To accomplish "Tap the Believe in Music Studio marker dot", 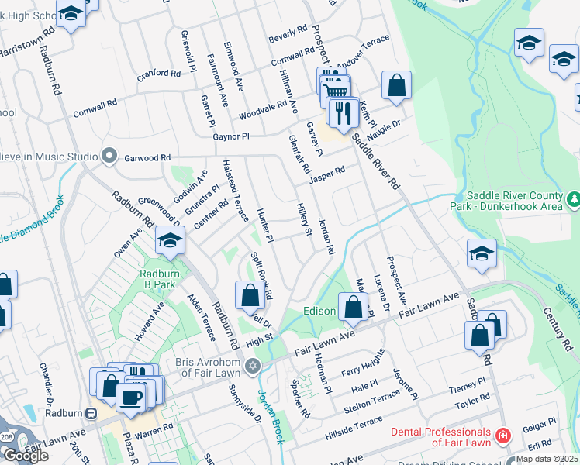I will pos(109,157).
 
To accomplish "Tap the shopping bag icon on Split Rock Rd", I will pos(250,295).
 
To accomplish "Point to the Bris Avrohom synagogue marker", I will pos(251,366).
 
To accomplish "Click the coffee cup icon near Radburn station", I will pos(130,398).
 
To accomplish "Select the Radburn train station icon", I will pos(91,412).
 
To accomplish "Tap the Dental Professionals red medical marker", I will pos(504,436).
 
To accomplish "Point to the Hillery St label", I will pos(305,220).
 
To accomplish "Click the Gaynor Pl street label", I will pos(231,136).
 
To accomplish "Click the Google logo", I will pos(26,456).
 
